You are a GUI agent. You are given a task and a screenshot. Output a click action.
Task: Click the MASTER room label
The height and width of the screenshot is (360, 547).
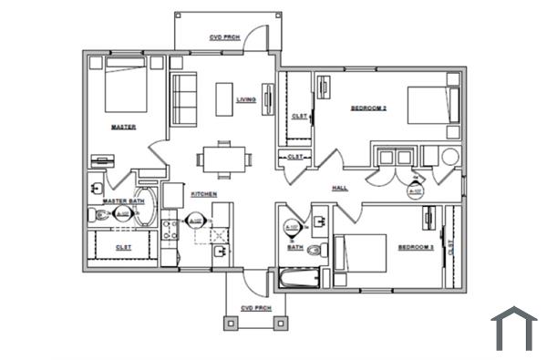click(123, 127)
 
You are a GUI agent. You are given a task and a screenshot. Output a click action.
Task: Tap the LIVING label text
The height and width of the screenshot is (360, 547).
click(246, 99)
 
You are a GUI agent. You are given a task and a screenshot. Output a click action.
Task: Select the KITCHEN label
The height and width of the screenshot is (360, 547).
click(202, 194)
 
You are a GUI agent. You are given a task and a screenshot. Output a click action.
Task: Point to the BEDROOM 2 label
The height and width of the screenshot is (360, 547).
click(369, 108)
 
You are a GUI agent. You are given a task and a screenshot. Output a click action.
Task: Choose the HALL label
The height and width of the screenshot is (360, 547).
click(340, 188)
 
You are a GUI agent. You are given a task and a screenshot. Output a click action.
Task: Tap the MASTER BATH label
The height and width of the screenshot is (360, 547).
click(124, 201)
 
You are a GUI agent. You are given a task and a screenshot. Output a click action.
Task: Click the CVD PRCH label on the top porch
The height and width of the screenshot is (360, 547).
click(223, 38)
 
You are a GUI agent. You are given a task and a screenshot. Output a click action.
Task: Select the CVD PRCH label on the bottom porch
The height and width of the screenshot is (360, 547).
click(256, 308)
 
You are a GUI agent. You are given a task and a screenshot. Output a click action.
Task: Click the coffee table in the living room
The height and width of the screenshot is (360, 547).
click(224, 98)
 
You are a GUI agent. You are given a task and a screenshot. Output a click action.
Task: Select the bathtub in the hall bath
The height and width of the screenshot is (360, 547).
click(298, 279)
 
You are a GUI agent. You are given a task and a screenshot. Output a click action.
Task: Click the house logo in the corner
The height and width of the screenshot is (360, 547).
click(513, 329)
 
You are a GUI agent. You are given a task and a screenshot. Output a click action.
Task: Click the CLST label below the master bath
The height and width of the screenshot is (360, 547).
click(123, 246)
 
